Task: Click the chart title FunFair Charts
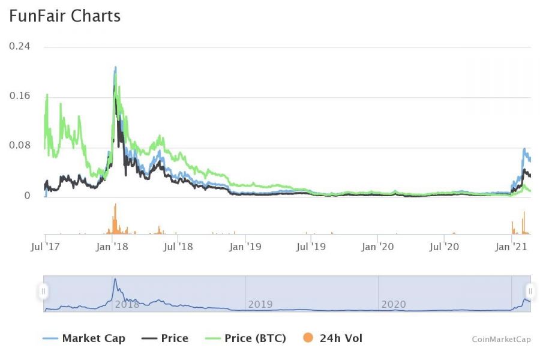tap(65, 16)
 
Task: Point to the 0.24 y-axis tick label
tap(19, 46)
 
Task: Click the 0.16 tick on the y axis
tap(19, 96)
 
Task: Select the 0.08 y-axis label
tap(19, 146)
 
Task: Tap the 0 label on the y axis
tap(28, 196)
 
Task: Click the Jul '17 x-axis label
tap(45, 247)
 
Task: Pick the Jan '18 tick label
tap(112, 247)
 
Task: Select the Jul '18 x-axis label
tap(178, 247)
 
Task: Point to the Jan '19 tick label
tap(245, 247)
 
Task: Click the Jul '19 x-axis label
tap(311, 247)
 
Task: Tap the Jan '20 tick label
tap(379, 247)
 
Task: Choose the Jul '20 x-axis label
tap(445, 247)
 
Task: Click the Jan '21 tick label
tap(511, 247)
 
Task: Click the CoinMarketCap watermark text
tap(501, 340)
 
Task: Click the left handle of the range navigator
tap(43, 292)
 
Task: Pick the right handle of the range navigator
tap(530, 292)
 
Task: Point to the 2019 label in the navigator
tap(260, 304)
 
